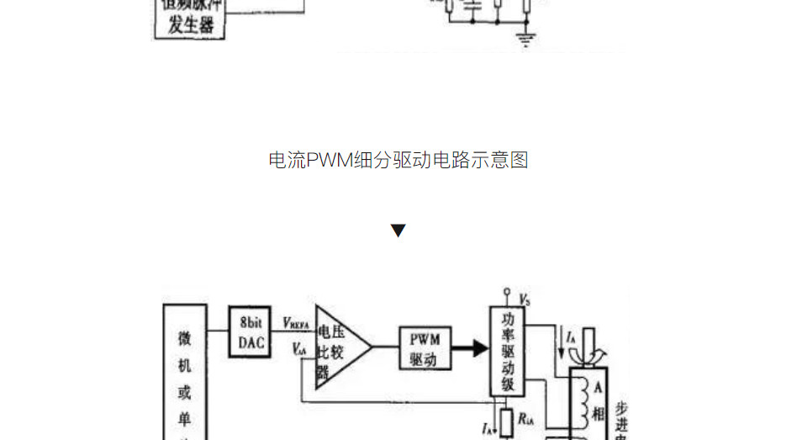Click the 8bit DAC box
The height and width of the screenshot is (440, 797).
[251, 333]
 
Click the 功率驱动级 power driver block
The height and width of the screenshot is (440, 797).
[508, 353]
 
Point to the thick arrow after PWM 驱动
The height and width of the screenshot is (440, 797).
[470, 347]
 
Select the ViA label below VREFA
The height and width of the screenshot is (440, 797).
[299, 347]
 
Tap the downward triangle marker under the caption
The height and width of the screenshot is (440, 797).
[398, 231]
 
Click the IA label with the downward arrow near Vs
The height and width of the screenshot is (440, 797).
[570, 339]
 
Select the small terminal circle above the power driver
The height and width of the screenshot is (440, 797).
[507, 294]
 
